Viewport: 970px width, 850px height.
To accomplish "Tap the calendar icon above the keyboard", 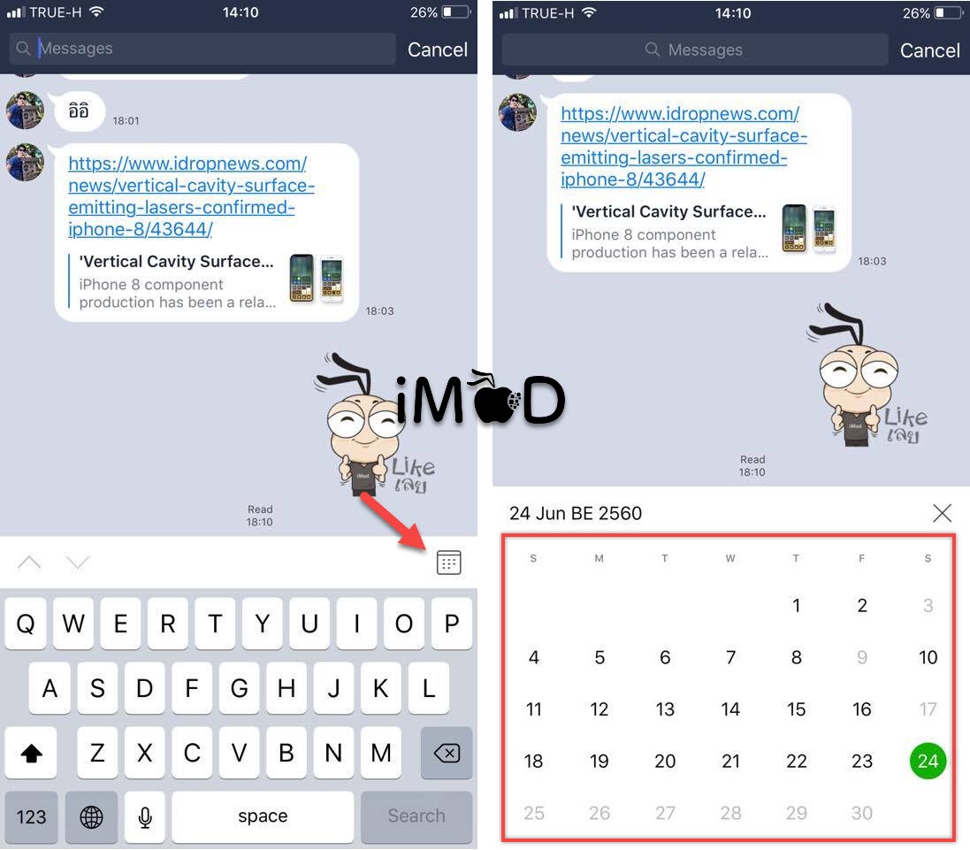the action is click(448, 563).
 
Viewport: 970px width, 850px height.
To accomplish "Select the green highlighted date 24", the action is click(928, 761).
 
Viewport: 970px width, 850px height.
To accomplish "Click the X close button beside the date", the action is click(942, 513).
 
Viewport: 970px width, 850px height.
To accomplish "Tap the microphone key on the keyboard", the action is click(145, 816).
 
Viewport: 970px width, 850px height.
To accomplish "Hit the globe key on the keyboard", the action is click(92, 816).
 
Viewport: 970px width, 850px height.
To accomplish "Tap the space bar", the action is click(263, 816).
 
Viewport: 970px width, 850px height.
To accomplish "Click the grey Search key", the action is click(416, 816).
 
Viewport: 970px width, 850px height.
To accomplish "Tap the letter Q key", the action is click(26, 624).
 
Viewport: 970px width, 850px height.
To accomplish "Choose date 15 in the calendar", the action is click(796, 709).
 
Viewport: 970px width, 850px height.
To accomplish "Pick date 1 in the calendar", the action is click(796, 605).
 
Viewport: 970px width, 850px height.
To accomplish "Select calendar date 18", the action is click(533, 761).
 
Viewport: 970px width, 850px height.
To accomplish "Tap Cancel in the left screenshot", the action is click(438, 50).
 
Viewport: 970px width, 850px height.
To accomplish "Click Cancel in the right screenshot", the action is click(930, 50).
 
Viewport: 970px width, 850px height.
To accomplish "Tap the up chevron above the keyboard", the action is click(30, 562).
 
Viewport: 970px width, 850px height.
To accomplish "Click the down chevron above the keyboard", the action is click(77, 562).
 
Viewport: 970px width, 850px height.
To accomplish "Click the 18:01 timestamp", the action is click(126, 120).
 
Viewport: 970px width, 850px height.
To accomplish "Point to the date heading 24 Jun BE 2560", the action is click(576, 513).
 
